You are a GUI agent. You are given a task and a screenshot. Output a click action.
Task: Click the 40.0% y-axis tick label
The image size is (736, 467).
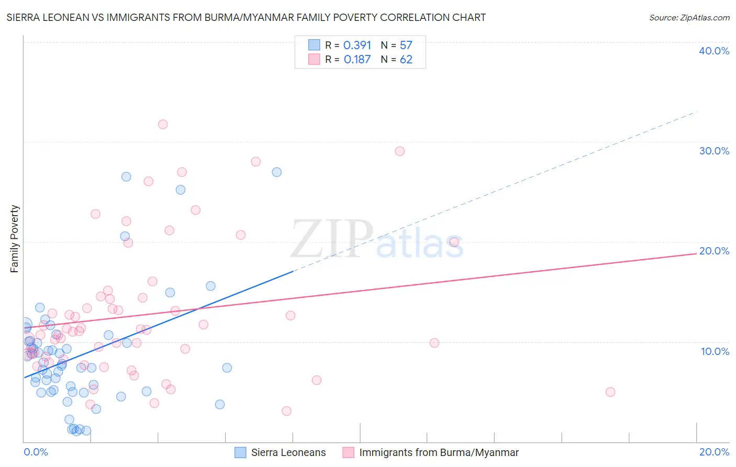(714, 51)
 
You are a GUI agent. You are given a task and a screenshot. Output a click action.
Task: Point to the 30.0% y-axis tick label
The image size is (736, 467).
(714, 151)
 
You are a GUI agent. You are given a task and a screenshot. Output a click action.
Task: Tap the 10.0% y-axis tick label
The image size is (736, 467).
(715, 351)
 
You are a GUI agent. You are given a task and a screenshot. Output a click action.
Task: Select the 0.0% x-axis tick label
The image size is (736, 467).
(36, 452)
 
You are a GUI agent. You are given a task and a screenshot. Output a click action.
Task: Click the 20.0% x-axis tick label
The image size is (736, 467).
(714, 452)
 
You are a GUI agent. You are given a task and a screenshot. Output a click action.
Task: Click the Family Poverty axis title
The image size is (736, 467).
(15, 239)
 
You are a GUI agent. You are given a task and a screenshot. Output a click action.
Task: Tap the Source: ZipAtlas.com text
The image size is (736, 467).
(689, 18)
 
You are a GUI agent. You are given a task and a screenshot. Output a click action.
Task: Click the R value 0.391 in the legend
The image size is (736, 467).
(357, 46)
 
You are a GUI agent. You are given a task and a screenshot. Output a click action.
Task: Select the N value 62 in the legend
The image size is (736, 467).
(406, 60)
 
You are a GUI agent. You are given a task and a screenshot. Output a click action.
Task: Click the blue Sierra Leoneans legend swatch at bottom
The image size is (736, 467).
(240, 452)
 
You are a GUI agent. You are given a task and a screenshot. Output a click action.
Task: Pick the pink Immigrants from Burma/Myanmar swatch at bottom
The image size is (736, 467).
(348, 452)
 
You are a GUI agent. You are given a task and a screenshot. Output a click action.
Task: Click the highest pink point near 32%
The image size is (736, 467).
(163, 125)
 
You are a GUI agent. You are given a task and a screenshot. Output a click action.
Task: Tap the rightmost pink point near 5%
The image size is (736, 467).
(610, 392)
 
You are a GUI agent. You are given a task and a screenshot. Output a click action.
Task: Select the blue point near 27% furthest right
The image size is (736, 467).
(277, 172)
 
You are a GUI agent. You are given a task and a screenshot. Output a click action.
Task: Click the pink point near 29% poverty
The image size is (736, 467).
(400, 151)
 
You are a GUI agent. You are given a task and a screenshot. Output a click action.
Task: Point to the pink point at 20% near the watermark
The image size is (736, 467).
(454, 242)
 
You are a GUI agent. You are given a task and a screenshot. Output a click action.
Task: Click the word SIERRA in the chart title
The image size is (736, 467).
(25, 18)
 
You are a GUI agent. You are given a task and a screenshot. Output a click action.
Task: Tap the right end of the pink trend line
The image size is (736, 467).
(696, 253)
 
